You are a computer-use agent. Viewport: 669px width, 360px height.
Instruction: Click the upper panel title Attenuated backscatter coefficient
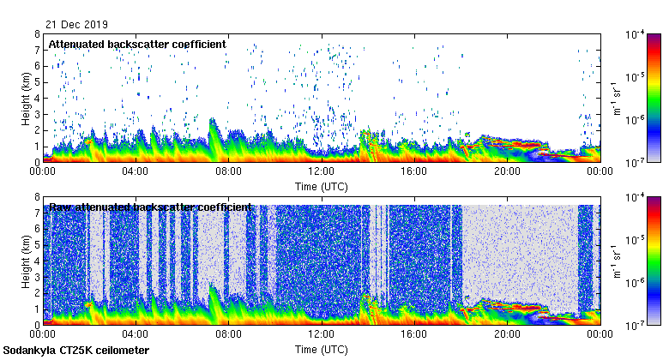click(137, 44)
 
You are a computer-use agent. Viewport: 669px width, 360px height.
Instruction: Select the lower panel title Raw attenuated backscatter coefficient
click(150, 207)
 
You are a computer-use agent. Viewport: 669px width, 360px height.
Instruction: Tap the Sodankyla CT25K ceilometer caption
click(76, 351)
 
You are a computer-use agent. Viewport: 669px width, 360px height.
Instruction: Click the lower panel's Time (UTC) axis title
click(321, 350)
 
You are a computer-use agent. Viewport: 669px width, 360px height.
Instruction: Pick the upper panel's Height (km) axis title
click(27, 98)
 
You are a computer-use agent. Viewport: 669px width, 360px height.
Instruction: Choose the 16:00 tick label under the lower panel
click(413, 335)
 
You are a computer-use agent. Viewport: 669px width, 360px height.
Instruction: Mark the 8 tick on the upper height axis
click(37, 34)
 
